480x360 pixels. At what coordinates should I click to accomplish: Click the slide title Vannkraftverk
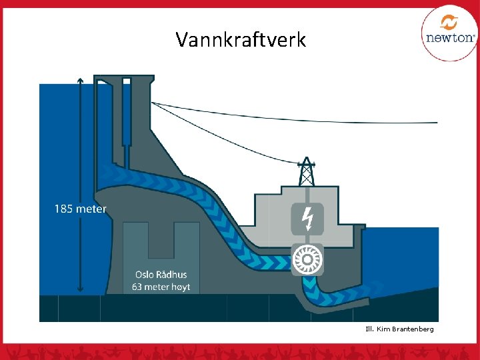coord(241,40)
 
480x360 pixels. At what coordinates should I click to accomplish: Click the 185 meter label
coord(80,209)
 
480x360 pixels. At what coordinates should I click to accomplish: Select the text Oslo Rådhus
coord(161,274)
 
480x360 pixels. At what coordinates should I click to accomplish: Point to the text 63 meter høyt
coord(161,287)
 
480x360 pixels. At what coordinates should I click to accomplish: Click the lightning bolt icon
coord(307,218)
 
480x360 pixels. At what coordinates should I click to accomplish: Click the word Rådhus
coord(171,274)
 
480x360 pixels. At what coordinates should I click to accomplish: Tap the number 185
coord(63,209)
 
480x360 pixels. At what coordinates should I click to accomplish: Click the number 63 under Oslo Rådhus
coord(137,287)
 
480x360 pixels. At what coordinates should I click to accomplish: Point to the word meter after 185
coord(91,209)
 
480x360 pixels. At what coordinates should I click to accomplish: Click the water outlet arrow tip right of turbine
coord(381,287)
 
